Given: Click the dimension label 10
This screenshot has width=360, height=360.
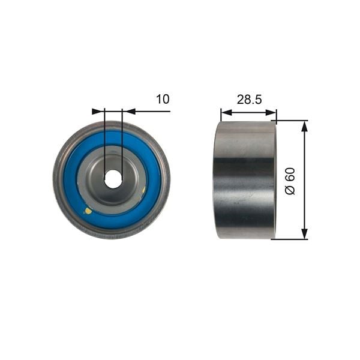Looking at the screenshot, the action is click(163, 99).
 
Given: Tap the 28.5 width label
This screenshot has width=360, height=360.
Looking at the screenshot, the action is click(249, 100).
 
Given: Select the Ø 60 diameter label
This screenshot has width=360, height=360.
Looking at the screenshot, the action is click(290, 181).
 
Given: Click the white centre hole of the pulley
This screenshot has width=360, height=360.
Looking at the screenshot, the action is click(113, 179).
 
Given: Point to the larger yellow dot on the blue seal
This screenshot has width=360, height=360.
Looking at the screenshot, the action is click(88, 211).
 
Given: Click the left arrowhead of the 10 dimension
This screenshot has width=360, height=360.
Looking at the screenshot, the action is click(98, 112).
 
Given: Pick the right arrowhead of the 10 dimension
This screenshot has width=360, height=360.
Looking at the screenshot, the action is click(128, 112).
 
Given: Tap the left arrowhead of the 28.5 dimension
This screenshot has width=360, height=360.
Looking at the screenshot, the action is click(227, 113).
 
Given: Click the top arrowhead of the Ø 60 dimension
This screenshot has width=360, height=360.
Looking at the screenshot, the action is click(304, 127).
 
